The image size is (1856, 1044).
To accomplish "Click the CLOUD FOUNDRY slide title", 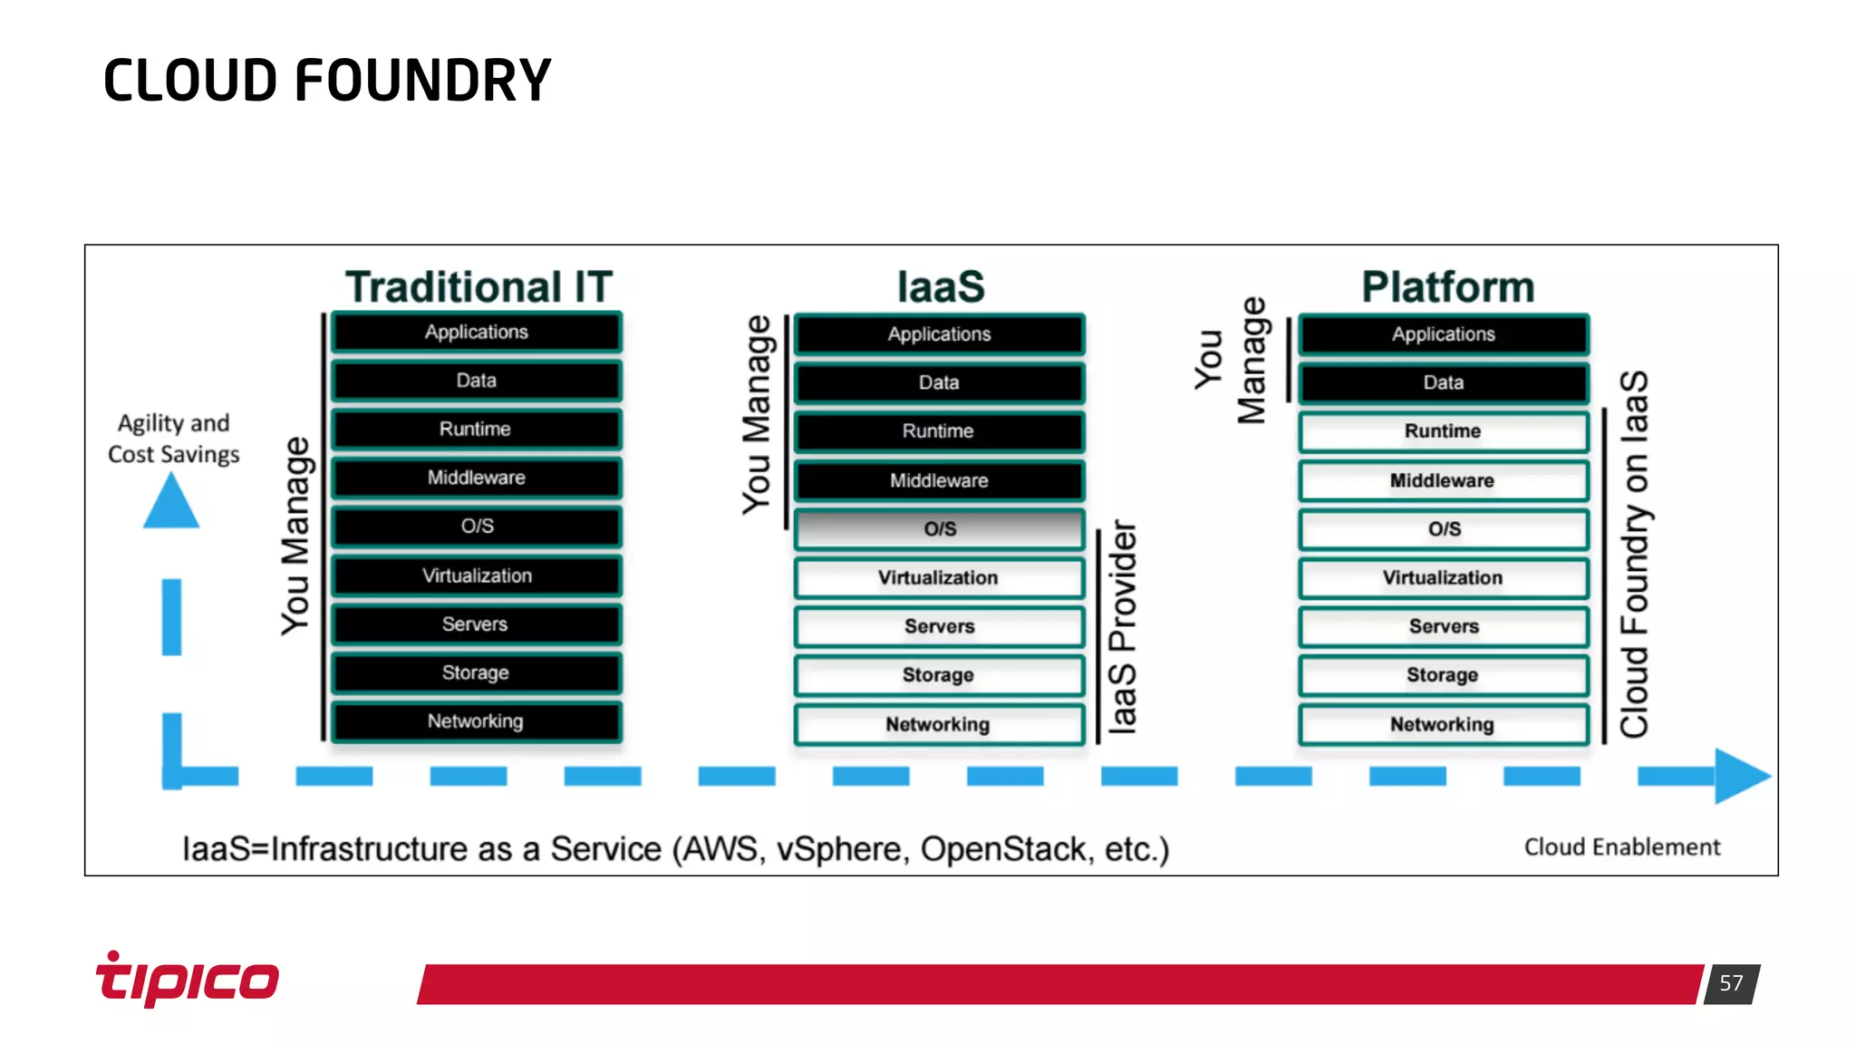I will (327, 81).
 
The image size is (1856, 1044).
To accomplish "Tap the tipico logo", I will (188, 980).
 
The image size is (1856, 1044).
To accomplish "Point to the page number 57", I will (1731, 983).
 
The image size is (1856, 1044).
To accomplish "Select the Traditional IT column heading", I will (478, 286).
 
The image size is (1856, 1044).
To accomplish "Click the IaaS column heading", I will (940, 286).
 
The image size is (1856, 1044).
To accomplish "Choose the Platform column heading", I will (1447, 286).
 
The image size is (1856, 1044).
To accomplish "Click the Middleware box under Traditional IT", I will (477, 478).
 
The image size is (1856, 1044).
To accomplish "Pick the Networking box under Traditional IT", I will (477, 721).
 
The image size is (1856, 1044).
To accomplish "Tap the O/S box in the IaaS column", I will (940, 529).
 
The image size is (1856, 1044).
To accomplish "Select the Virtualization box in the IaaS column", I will (940, 578).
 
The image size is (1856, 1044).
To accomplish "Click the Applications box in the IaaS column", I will (940, 334).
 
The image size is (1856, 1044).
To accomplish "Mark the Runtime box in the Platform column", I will (1444, 431).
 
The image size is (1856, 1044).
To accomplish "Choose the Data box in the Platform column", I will (1444, 382).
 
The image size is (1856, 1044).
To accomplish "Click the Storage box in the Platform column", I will (1444, 675).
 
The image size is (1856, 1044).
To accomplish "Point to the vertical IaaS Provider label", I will (1123, 626).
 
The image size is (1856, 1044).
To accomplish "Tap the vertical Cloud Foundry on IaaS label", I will (1635, 554).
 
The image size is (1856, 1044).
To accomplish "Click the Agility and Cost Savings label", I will (173, 439).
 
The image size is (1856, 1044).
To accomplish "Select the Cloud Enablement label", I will (1621, 847).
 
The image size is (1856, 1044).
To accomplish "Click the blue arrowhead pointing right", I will (1741, 776).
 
